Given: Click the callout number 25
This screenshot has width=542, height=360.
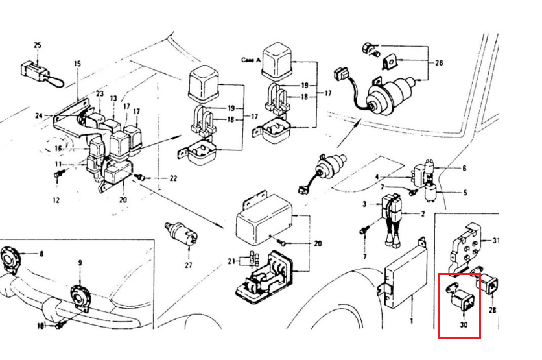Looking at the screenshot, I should pyautogui.click(x=37, y=45).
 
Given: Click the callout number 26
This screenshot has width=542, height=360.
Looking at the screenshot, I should pyautogui.click(x=439, y=63).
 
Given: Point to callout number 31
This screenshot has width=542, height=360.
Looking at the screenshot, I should pyautogui.click(x=496, y=241).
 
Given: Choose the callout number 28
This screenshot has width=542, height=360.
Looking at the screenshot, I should pyautogui.click(x=492, y=310).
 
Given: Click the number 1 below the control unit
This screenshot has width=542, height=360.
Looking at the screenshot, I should pyautogui.click(x=411, y=320).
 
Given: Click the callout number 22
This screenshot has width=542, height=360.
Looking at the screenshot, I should pyautogui.click(x=173, y=178).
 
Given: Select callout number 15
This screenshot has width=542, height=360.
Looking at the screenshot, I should pyautogui.click(x=77, y=64).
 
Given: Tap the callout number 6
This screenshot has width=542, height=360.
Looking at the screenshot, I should pyautogui.click(x=464, y=168).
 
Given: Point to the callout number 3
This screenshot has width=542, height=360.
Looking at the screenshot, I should pyautogui.click(x=364, y=204).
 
